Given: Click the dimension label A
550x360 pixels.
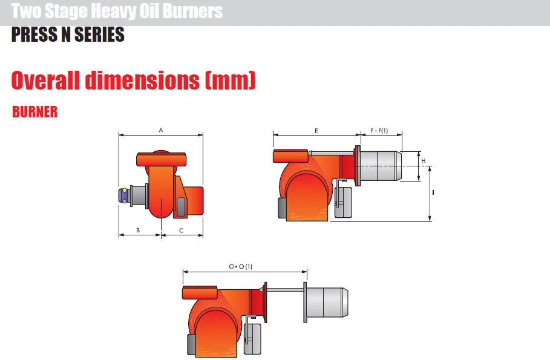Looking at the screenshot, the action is click(161, 130).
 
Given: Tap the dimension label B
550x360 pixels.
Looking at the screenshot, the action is click(138, 230).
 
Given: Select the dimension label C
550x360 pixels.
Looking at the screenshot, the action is click(181, 231).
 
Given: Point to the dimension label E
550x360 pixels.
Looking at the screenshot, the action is click(316, 131).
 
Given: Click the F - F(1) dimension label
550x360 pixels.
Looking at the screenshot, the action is click(379, 131).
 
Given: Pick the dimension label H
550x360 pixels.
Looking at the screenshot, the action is click(424, 161).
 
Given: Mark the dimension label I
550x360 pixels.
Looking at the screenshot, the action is click(433, 192).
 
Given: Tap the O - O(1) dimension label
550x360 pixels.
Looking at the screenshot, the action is click(241, 267).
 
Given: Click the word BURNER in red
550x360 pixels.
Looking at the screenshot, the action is click(34, 112).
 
